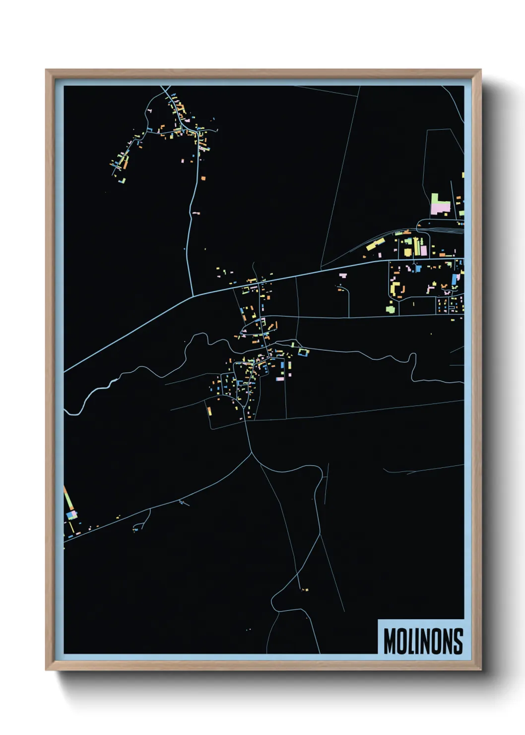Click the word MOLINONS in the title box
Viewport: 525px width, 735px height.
423,641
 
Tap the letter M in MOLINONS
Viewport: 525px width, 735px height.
390,641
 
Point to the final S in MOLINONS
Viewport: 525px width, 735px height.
458,641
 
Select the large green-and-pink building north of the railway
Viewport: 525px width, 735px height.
439,205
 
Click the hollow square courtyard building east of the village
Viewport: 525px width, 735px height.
303,352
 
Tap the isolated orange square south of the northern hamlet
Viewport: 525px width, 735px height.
203,177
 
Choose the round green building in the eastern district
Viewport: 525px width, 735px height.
391,309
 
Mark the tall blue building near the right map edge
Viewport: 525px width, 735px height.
454,279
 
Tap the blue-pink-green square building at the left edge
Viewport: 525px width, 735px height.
71,514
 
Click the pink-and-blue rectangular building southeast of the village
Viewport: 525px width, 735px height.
280,379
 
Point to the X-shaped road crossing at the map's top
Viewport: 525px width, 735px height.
165,91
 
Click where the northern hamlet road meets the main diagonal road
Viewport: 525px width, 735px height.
193,296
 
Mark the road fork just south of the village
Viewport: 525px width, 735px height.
252,452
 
